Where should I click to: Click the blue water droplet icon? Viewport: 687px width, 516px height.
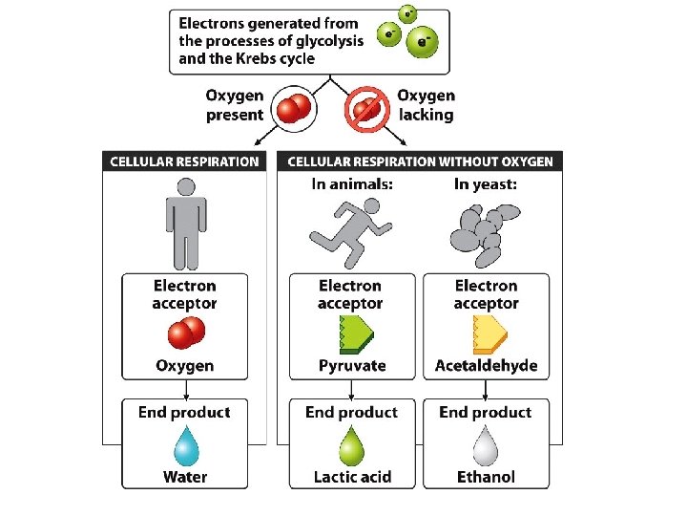(x=184, y=445)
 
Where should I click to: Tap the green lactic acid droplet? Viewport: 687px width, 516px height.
(x=352, y=445)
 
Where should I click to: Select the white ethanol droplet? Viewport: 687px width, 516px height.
(x=486, y=445)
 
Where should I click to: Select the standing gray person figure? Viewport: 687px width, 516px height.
(x=183, y=230)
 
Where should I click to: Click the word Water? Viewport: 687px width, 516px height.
(x=184, y=477)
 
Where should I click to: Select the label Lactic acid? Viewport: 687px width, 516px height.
(x=352, y=477)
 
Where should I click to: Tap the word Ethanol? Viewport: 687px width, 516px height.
(x=486, y=477)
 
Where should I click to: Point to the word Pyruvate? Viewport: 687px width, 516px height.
(x=352, y=366)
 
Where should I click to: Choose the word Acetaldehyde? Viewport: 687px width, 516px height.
(x=486, y=366)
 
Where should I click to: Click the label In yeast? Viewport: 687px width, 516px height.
(x=486, y=184)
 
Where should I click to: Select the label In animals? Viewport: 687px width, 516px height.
(x=352, y=184)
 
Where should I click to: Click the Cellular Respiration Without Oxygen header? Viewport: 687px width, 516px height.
(x=420, y=161)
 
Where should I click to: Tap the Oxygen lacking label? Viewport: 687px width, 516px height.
(x=426, y=105)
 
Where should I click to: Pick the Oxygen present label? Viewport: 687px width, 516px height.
(x=235, y=105)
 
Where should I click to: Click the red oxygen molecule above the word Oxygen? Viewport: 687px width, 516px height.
(x=187, y=333)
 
